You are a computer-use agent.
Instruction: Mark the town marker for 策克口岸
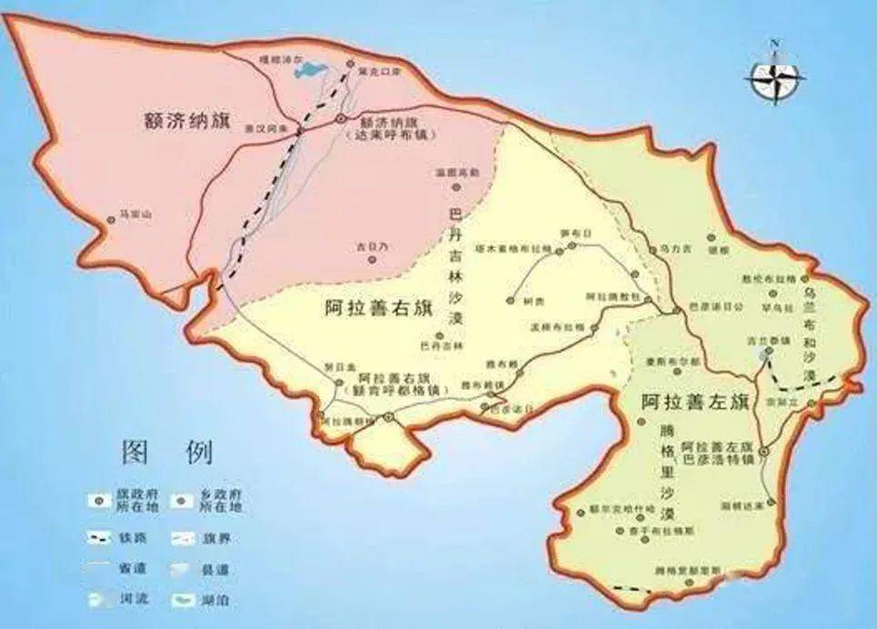[351, 65]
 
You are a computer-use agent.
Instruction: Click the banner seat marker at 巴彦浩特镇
[764, 450]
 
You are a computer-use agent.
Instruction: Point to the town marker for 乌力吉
[652, 248]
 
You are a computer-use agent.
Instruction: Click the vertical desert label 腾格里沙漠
[667, 471]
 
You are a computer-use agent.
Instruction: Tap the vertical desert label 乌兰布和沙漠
[811, 336]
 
